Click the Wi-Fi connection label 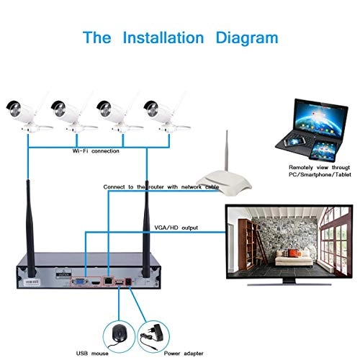pos(95,152)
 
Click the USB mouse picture pos(119,333)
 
